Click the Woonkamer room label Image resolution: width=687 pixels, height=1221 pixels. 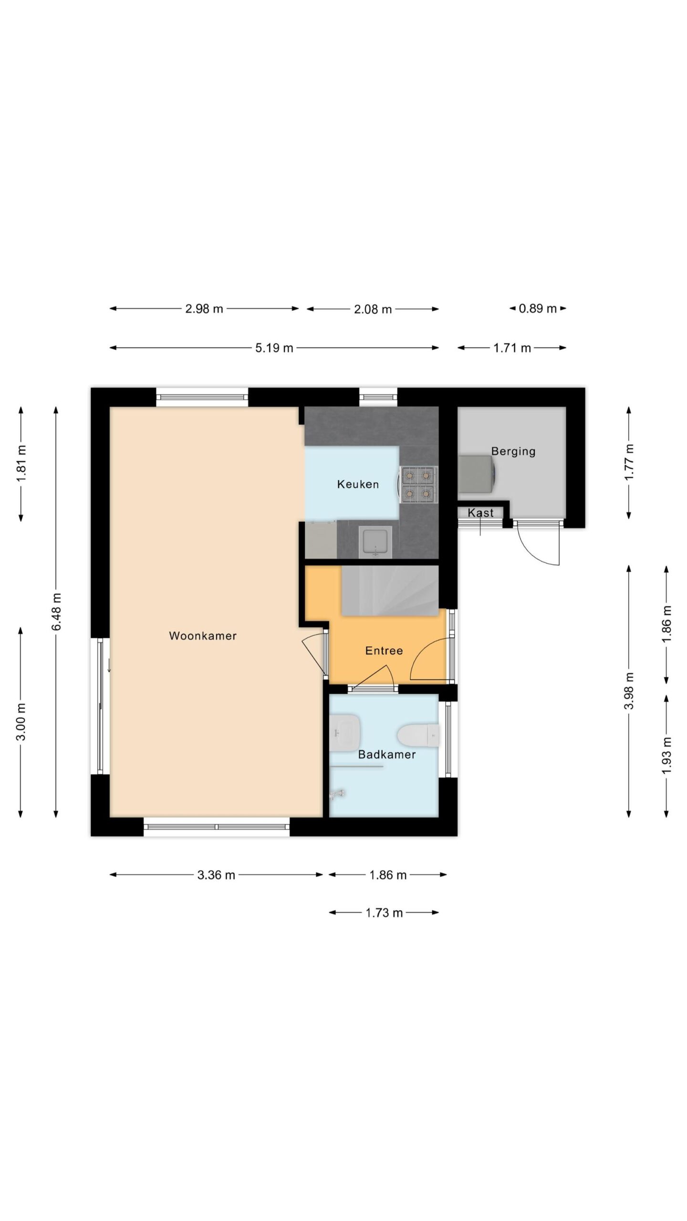coord(203,636)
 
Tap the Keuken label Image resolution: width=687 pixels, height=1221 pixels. coord(358,485)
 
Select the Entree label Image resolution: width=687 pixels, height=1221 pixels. coord(384,651)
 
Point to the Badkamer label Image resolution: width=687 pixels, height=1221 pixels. coord(387,755)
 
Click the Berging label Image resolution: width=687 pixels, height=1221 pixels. coord(513,451)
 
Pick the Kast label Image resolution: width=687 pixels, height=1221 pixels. coord(480,513)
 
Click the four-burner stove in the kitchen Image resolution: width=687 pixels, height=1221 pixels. coord(418,485)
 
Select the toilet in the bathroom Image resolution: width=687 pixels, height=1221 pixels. coord(418,735)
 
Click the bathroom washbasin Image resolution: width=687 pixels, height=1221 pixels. coord(344,732)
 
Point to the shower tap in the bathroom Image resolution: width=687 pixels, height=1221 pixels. coord(337,794)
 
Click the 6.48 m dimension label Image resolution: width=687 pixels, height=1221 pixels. coord(56,612)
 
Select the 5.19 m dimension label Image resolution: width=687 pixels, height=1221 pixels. coord(274,348)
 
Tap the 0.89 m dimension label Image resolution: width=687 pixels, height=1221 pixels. coord(538,308)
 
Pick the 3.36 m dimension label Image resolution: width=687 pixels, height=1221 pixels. coord(216,875)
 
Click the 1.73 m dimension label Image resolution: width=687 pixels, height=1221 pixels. coord(384,913)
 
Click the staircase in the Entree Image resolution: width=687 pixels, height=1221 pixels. coord(390,590)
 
